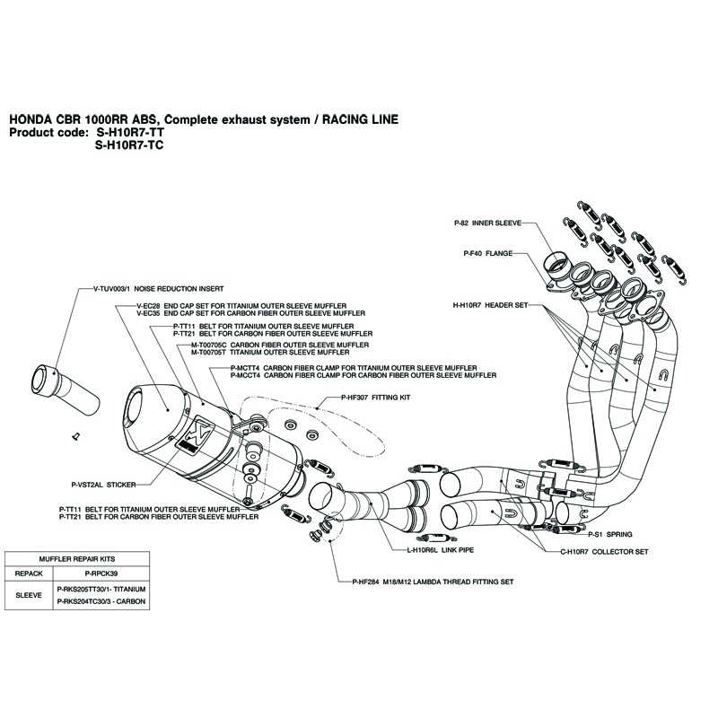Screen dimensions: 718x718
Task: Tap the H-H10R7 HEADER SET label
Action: point(494,305)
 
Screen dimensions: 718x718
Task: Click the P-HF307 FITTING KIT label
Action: point(375,396)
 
